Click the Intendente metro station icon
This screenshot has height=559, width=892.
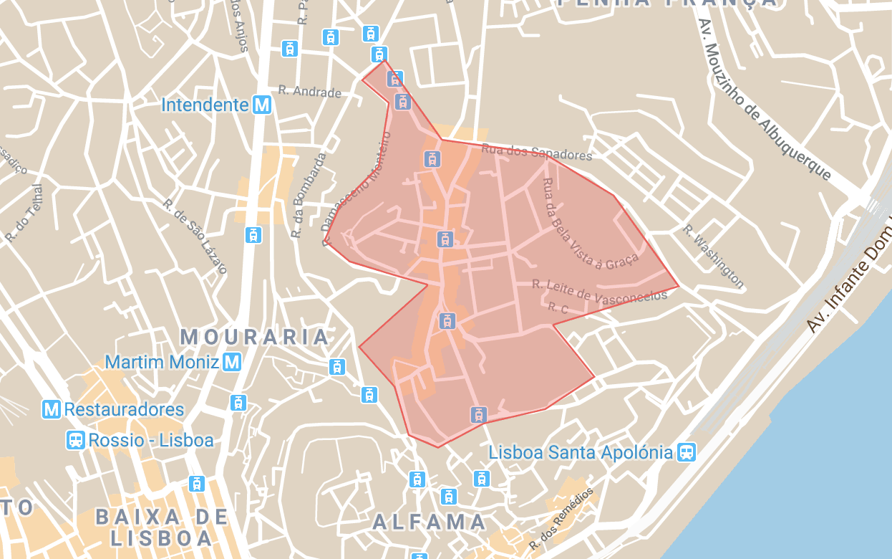(x=263, y=105)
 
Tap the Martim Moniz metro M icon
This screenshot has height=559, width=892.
(x=232, y=362)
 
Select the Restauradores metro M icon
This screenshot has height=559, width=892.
(x=51, y=409)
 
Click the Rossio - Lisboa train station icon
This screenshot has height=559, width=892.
(x=75, y=439)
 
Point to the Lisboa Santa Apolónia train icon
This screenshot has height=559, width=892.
(x=687, y=452)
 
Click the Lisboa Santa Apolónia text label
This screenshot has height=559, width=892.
(x=581, y=453)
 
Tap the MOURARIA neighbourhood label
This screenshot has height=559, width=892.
(x=255, y=336)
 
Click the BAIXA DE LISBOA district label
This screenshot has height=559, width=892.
(x=162, y=527)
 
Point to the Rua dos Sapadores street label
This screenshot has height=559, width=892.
(x=537, y=152)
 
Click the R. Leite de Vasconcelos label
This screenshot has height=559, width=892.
(x=599, y=292)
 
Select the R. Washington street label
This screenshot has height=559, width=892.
(x=713, y=256)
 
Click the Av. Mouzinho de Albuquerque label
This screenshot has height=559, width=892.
(x=765, y=100)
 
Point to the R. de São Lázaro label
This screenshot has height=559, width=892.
(x=195, y=236)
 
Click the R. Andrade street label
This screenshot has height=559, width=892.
(x=309, y=92)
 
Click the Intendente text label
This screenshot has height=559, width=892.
(x=205, y=105)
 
